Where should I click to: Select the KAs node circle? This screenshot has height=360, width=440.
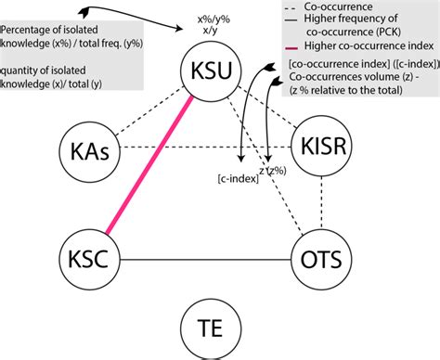click(x=89, y=149)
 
